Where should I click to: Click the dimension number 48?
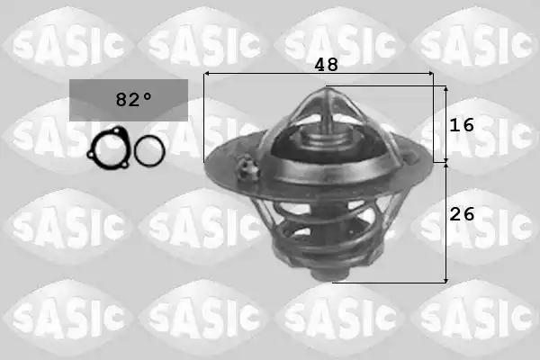pos(326,65)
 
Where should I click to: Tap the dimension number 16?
pos(462,125)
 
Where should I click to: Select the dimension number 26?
pos(462,214)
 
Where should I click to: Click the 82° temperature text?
pos(133,100)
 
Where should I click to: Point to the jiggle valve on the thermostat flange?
pos(247,167)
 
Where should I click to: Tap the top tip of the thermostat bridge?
pos(326,88)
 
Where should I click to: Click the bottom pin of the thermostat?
pos(328,274)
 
